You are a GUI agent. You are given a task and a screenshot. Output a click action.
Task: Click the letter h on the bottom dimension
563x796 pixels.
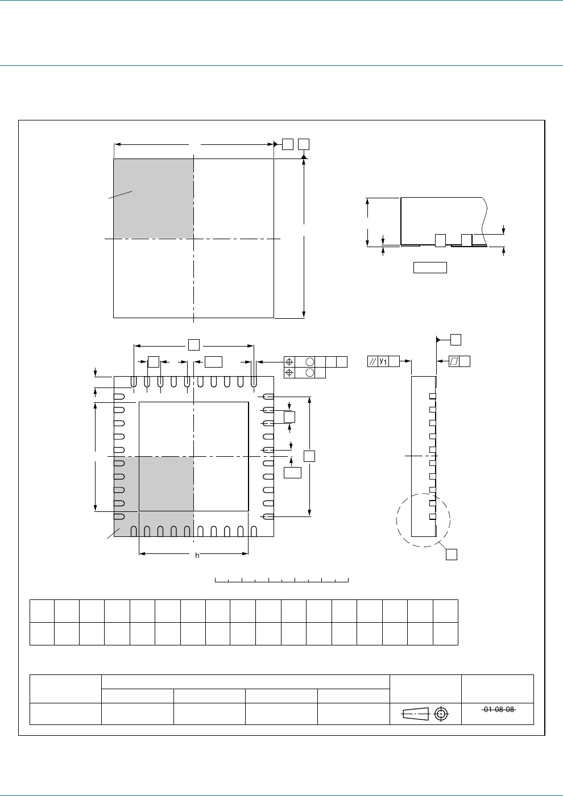[197, 556]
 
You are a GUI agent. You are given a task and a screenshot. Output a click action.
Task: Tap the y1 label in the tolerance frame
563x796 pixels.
[383, 361]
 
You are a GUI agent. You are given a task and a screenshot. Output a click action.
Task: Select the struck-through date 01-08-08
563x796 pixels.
[499, 709]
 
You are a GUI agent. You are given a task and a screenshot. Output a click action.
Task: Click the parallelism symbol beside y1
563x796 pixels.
[372, 361]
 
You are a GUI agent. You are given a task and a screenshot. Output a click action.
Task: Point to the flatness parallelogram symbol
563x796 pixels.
[454, 361]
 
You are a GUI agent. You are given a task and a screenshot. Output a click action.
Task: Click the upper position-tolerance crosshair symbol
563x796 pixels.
[289, 362]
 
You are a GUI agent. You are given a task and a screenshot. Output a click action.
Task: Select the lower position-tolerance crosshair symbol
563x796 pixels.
[289, 372]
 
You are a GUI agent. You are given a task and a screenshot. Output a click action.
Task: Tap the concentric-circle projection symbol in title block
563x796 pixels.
[441, 714]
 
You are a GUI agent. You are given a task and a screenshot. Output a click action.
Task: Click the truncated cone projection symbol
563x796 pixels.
[415, 714]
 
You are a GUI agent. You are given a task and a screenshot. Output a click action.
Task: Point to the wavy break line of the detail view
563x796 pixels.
[485, 221]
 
